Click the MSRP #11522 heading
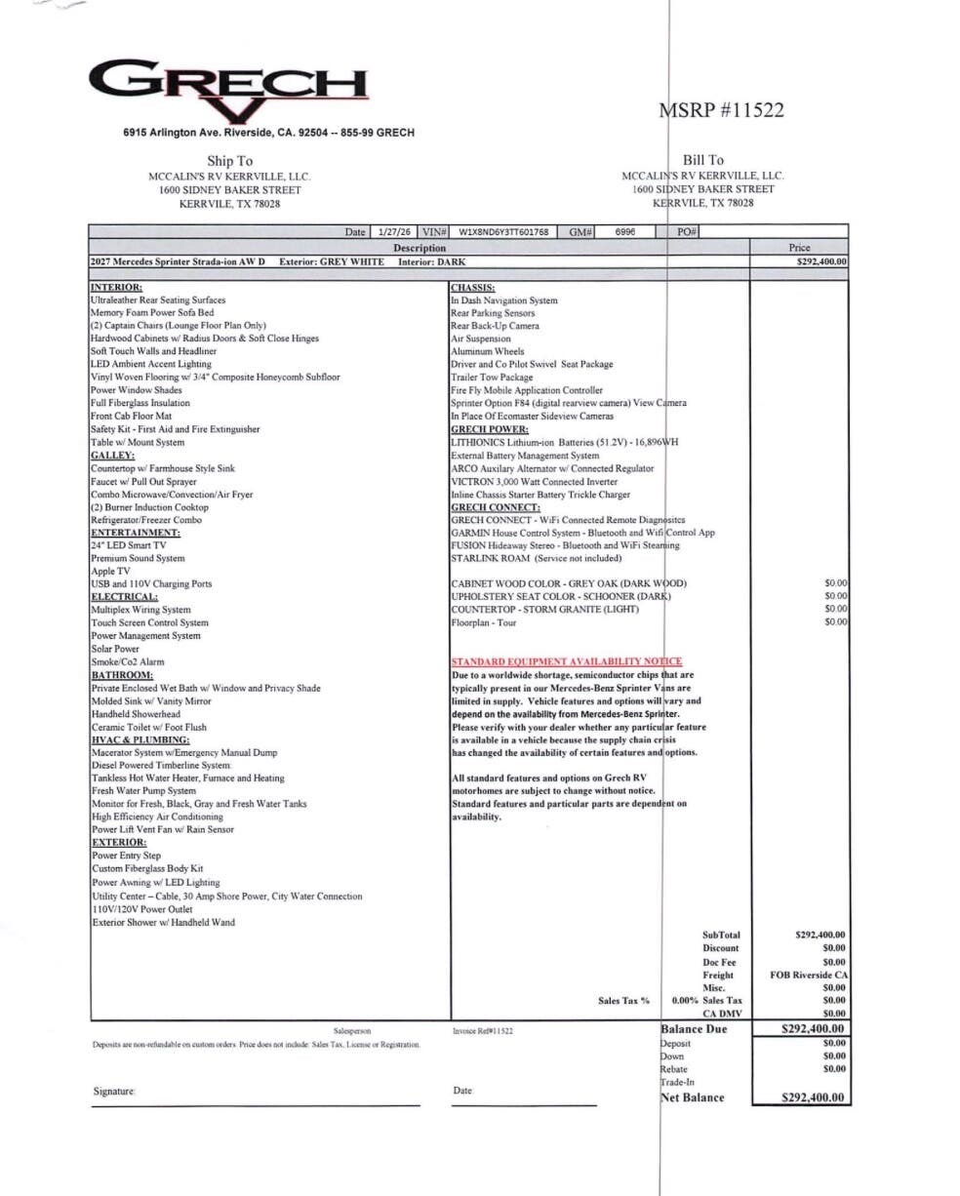pyautogui.click(x=722, y=110)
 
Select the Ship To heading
pyautogui.click(x=229, y=161)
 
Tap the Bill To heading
pyautogui.click(x=703, y=161)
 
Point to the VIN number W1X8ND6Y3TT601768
pyautogui.click(x=502, y=232)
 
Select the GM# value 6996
pyautogui.click(x=625, y=232)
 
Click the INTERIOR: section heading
pyautogui.click(x=117, y=288)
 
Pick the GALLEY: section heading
pyautogui.click(x=113, y=455)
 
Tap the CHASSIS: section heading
pyautogui.click(x=473, y=288)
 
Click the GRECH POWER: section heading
pyautogui.click(x=490, y=429)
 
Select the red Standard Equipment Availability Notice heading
pyautogui.click(x=566, y=661)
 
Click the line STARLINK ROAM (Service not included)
pyautogui.click(x=536, y=558)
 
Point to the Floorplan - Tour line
pyautogui.click(x=483, y=622)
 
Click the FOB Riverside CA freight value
pyautogui.click(x=809, y=975)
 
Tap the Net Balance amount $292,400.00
pyautogui.click(x=814, y=1097)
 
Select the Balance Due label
pyautogui.click(x=695, y=1029)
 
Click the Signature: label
pyautogui.click(x=114, y=1092)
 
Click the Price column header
pyautogui.click(x=798, y=248)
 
